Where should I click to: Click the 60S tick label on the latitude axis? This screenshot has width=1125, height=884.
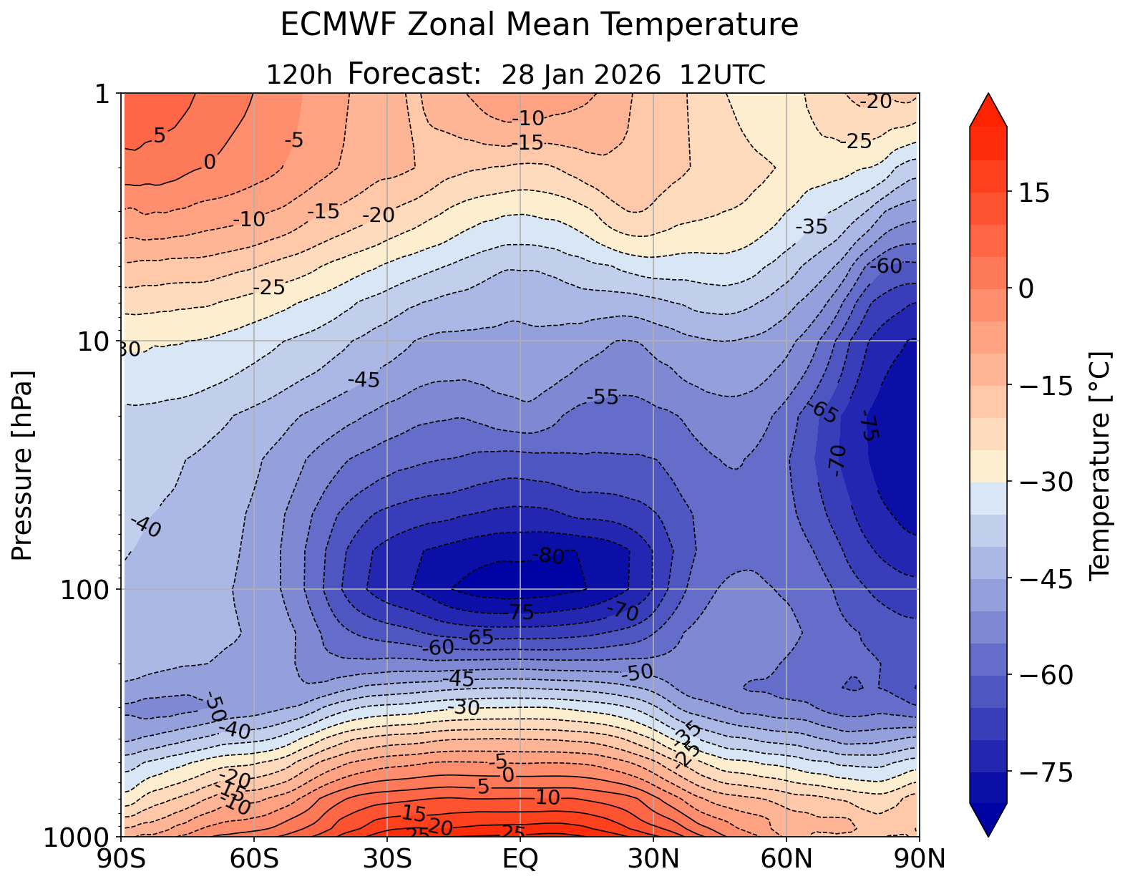[255, 859]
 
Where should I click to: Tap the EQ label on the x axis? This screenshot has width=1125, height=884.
[520, 859]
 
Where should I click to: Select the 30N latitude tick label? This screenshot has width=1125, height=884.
[653, 859]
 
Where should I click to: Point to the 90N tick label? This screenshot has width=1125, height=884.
[919, 859]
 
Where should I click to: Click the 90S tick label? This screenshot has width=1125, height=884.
[122, 859]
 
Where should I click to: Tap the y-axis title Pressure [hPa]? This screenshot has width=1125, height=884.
[23, 465]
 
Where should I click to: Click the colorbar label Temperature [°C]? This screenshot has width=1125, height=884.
[1098, 465]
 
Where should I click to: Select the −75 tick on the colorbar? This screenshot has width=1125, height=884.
[1045, 773]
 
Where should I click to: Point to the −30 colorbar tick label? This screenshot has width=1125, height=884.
[1045, 482]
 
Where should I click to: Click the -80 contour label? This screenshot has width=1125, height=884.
[548, 556]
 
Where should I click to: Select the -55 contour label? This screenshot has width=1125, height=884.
[602, 398]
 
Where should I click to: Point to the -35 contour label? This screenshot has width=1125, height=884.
[812, 228]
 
